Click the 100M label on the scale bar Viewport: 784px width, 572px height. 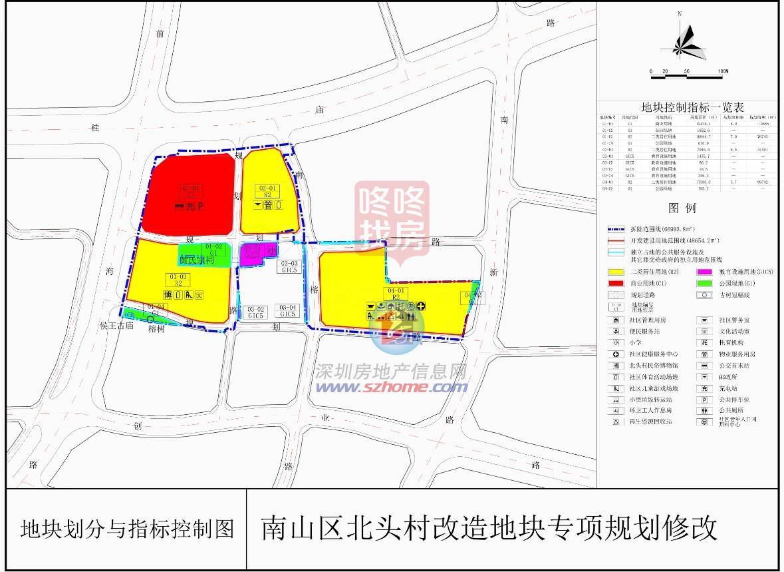pos(723,71)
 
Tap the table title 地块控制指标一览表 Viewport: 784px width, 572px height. pos(692,107)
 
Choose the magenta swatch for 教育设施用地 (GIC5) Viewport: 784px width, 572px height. pos(704,271)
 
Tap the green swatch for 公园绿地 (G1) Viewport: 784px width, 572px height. pos(704,282)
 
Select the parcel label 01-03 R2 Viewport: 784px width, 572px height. pos(178,280)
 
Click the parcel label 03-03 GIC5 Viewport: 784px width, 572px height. pos(289,266)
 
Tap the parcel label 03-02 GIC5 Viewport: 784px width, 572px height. pos(255,312)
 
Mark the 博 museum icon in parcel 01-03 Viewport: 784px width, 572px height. pos(167,295)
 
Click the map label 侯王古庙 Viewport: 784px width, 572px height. pos(117,326)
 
